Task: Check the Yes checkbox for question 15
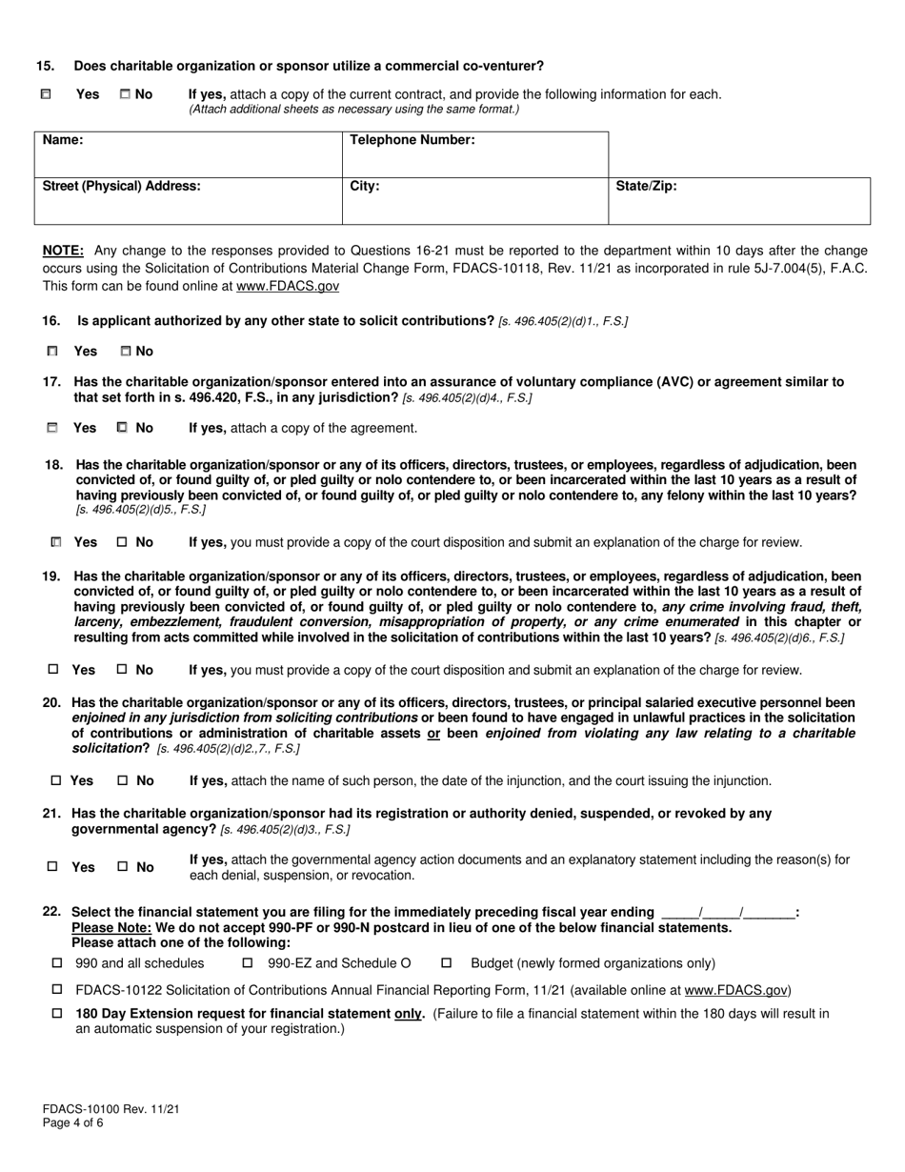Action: coord(46,94)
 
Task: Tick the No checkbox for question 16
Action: coord(125,352)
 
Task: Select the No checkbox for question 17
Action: coord(122,428)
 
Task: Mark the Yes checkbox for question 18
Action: coord(56,542)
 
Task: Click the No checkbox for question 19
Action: coord(122,670)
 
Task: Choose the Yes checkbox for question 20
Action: coord(55,780)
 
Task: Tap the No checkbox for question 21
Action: coord(122,867)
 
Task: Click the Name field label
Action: coord(63,140)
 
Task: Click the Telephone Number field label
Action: coord(412,140)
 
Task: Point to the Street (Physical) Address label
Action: coord(122,186)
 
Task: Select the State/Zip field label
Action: coord(646,186)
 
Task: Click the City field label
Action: coord(365,186)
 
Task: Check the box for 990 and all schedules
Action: coord(56,963)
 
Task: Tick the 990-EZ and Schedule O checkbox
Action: coord(248,963)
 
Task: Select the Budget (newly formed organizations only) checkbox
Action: coord(446,963)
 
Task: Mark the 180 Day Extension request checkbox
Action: coord(56,1014)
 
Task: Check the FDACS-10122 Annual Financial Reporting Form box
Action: coord(56,990)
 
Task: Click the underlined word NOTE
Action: coord(63,251)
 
